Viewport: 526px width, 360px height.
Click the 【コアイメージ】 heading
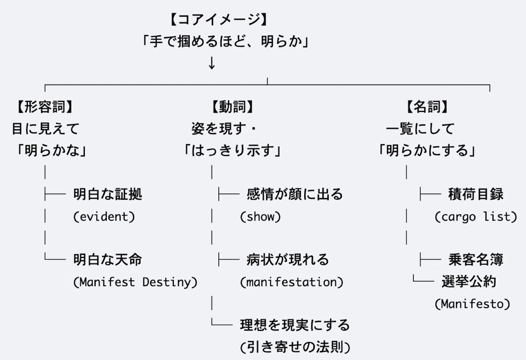[218, 19]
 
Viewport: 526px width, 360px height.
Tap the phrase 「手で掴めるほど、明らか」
[226, 42]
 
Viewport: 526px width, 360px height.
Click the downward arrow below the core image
[212, 63]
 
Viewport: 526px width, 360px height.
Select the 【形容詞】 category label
[45, 107]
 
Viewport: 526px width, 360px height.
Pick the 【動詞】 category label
[233, 107]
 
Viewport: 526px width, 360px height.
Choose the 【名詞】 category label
[427, 107]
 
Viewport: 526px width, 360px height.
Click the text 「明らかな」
[52, 150]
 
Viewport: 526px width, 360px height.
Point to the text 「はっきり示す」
[232, 150]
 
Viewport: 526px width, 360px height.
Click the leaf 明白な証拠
[108, 194]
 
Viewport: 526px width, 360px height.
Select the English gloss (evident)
[104, 216]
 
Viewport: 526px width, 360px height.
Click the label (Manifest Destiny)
[135, 282]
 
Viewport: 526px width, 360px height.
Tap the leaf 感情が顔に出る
[295, 194]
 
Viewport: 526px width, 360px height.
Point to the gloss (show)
[260, 216]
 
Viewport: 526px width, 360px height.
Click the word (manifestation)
[291, 282]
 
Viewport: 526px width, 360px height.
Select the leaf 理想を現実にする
[295, 325]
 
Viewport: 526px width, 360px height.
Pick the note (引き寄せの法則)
[295, 347]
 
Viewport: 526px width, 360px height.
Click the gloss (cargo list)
[476, 216]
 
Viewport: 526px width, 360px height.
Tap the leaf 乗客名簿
[476, 260]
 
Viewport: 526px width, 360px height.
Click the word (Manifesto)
[473, 304]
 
